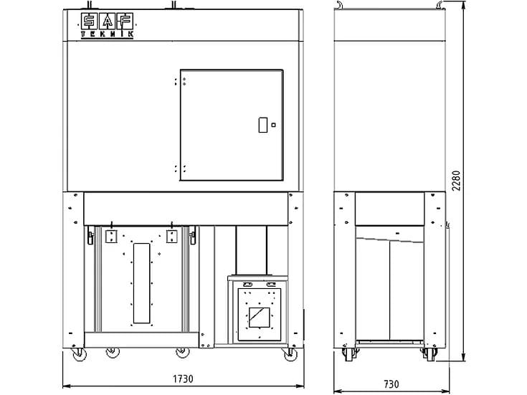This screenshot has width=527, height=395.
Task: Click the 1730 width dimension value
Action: point(183,379)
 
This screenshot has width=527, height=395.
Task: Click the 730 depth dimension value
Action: point(391,384)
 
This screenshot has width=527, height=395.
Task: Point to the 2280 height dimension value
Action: point(456,181)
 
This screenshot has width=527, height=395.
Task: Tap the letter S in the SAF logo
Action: point(90,22)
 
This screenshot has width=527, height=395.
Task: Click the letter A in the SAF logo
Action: point(108,22)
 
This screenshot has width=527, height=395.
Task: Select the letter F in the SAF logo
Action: point(125,22)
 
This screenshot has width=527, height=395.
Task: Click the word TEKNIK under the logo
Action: point(108,34)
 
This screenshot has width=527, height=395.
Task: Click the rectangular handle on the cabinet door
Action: point(263,125)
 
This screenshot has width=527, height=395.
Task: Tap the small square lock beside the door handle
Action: point(274,125)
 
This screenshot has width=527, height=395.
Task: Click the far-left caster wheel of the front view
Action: point(80,355)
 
